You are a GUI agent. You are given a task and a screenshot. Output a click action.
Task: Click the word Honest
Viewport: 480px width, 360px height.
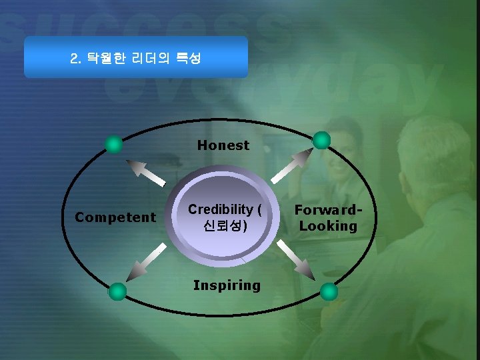tap(223, 145)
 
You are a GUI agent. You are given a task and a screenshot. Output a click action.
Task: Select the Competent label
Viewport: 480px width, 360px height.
tap(115, 217)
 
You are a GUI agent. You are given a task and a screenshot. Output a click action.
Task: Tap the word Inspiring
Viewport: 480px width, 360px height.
tap(226, 285)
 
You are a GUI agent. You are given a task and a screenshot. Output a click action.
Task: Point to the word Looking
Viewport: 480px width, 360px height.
tap(328, 226)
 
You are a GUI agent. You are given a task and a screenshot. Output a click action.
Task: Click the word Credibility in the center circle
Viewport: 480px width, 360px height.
tap(220, 209)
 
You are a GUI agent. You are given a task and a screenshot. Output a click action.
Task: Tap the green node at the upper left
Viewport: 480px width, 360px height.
tap(115, 144)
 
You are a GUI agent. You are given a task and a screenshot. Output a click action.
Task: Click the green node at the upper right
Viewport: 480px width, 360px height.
tap(322, 139)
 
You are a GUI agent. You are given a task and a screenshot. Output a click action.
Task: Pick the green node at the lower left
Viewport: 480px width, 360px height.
tap(117, 291)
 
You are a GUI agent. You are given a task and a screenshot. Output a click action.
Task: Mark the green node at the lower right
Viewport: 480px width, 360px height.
tap(329, 291)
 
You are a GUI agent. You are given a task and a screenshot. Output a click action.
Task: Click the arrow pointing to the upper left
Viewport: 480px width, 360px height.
tap(147, 172)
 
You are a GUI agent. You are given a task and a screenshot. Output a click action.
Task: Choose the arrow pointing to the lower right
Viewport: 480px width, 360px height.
tap(295, 258)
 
